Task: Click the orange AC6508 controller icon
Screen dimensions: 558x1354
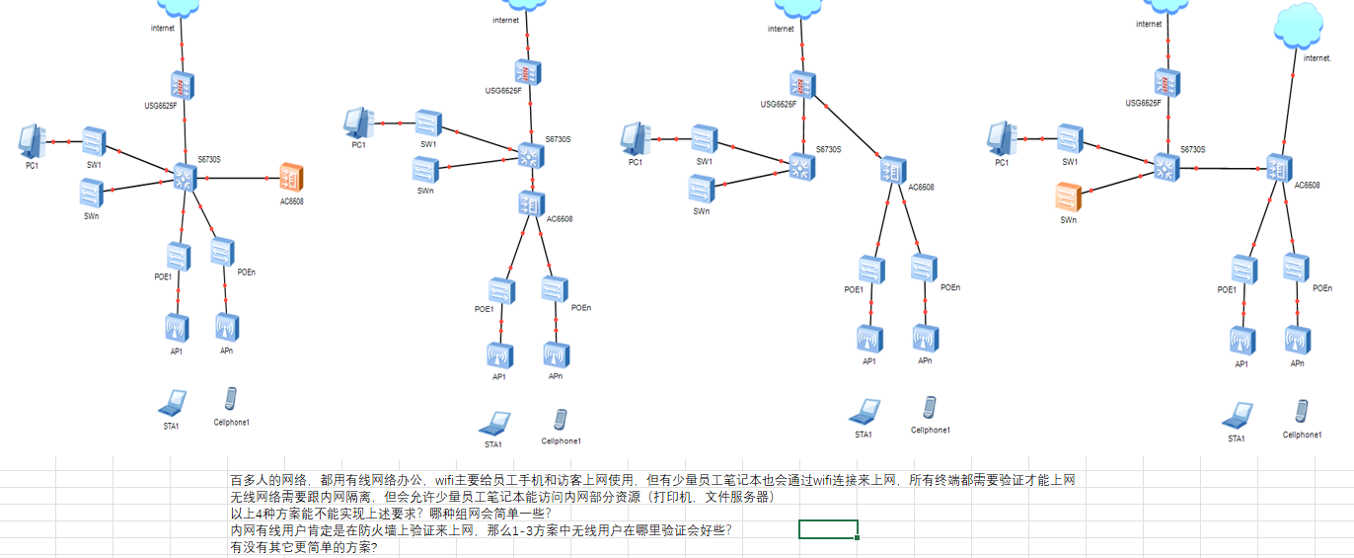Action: [x=291, y=178]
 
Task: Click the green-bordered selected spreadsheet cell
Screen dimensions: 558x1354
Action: [x=828, y=529]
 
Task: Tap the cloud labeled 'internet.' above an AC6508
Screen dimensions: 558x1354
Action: [x=1299, y=29]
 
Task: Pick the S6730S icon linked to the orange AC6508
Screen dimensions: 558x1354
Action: [x=185, y=177]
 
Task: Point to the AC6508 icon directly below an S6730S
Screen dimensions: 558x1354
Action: [x=532, y=204]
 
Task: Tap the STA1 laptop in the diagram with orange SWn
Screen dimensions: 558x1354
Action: [x=1237, y=415]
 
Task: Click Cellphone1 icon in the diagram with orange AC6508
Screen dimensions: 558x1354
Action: [x=231, y=399]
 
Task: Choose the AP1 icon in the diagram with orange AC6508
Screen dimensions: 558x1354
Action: [x=177, y=327]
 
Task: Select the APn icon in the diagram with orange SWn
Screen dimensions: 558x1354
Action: [x=1298, y=340]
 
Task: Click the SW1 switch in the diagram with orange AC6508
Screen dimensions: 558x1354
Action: [x=95, y=141]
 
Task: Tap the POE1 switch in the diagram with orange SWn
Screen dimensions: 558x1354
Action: [x=1243, y=269]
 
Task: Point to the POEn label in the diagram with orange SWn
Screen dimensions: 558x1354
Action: [x=1321, y=288]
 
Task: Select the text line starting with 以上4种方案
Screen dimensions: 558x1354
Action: [x=391, y=514]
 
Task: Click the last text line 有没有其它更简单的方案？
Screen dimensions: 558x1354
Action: [x=303, y=547]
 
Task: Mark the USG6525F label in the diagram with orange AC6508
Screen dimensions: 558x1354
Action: [x=160, y=105]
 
